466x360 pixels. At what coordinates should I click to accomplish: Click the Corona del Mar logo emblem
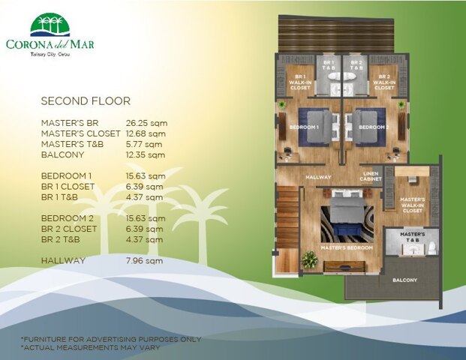click(51, 25)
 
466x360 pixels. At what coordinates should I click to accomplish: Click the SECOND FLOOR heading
click(86, 100)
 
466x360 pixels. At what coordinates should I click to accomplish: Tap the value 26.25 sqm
click(145, 122)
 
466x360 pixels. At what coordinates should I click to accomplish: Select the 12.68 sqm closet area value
click(145, 133)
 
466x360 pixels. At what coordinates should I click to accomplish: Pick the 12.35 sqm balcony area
click(145, 154)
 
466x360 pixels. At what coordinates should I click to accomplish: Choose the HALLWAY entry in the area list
click(63, 261)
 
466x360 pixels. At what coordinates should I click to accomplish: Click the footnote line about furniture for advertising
click(110, 339)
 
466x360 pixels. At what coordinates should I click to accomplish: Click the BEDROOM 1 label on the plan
click(304, 127)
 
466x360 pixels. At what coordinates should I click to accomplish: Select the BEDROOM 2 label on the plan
click(372, 127)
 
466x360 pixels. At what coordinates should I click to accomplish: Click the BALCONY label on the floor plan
click(406, 280)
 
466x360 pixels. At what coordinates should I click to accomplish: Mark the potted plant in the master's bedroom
click(308, 259)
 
